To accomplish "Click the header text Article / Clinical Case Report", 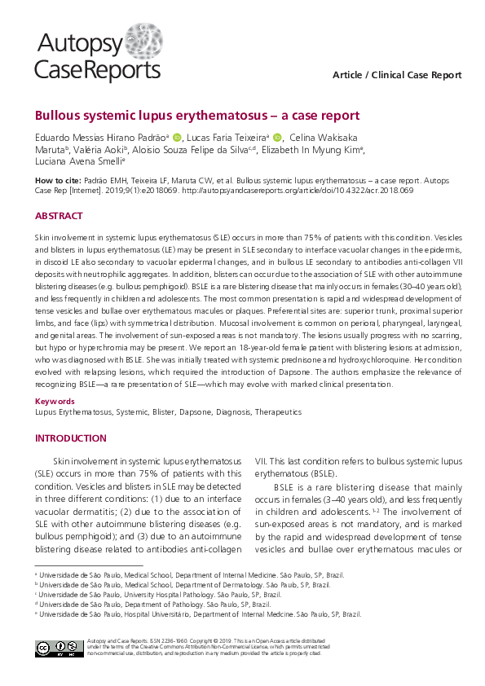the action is click(397, 75).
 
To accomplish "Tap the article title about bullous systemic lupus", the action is click(196, 116).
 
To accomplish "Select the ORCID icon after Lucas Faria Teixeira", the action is click(276, 138).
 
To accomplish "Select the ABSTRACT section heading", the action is click(58, 216).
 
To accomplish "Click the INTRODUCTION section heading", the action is click(70, 438).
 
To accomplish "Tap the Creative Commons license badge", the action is click(57, 649).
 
